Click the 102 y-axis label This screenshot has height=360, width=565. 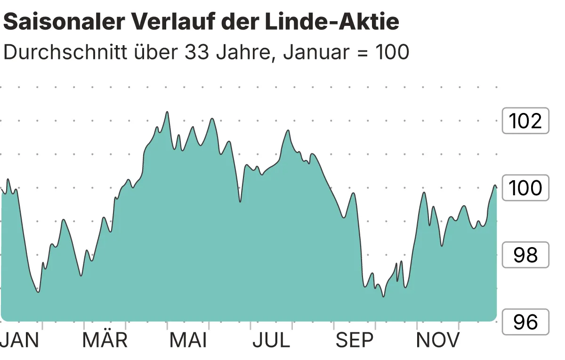click(525, 121)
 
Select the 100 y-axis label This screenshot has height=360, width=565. click(525, 188)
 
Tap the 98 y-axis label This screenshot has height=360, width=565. click(525, 255)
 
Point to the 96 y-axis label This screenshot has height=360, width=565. click(525, 322)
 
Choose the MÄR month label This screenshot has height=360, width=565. click(105, 340)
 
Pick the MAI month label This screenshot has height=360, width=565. click(188, 340)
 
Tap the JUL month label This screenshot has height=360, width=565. click(271, 340)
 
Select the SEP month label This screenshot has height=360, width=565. click(355, 340)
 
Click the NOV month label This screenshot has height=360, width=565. click(438, 340)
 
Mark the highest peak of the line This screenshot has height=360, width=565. click(167, 112)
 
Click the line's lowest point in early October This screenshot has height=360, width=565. click(383, 296)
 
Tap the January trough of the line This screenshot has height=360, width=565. click(38, 292)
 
